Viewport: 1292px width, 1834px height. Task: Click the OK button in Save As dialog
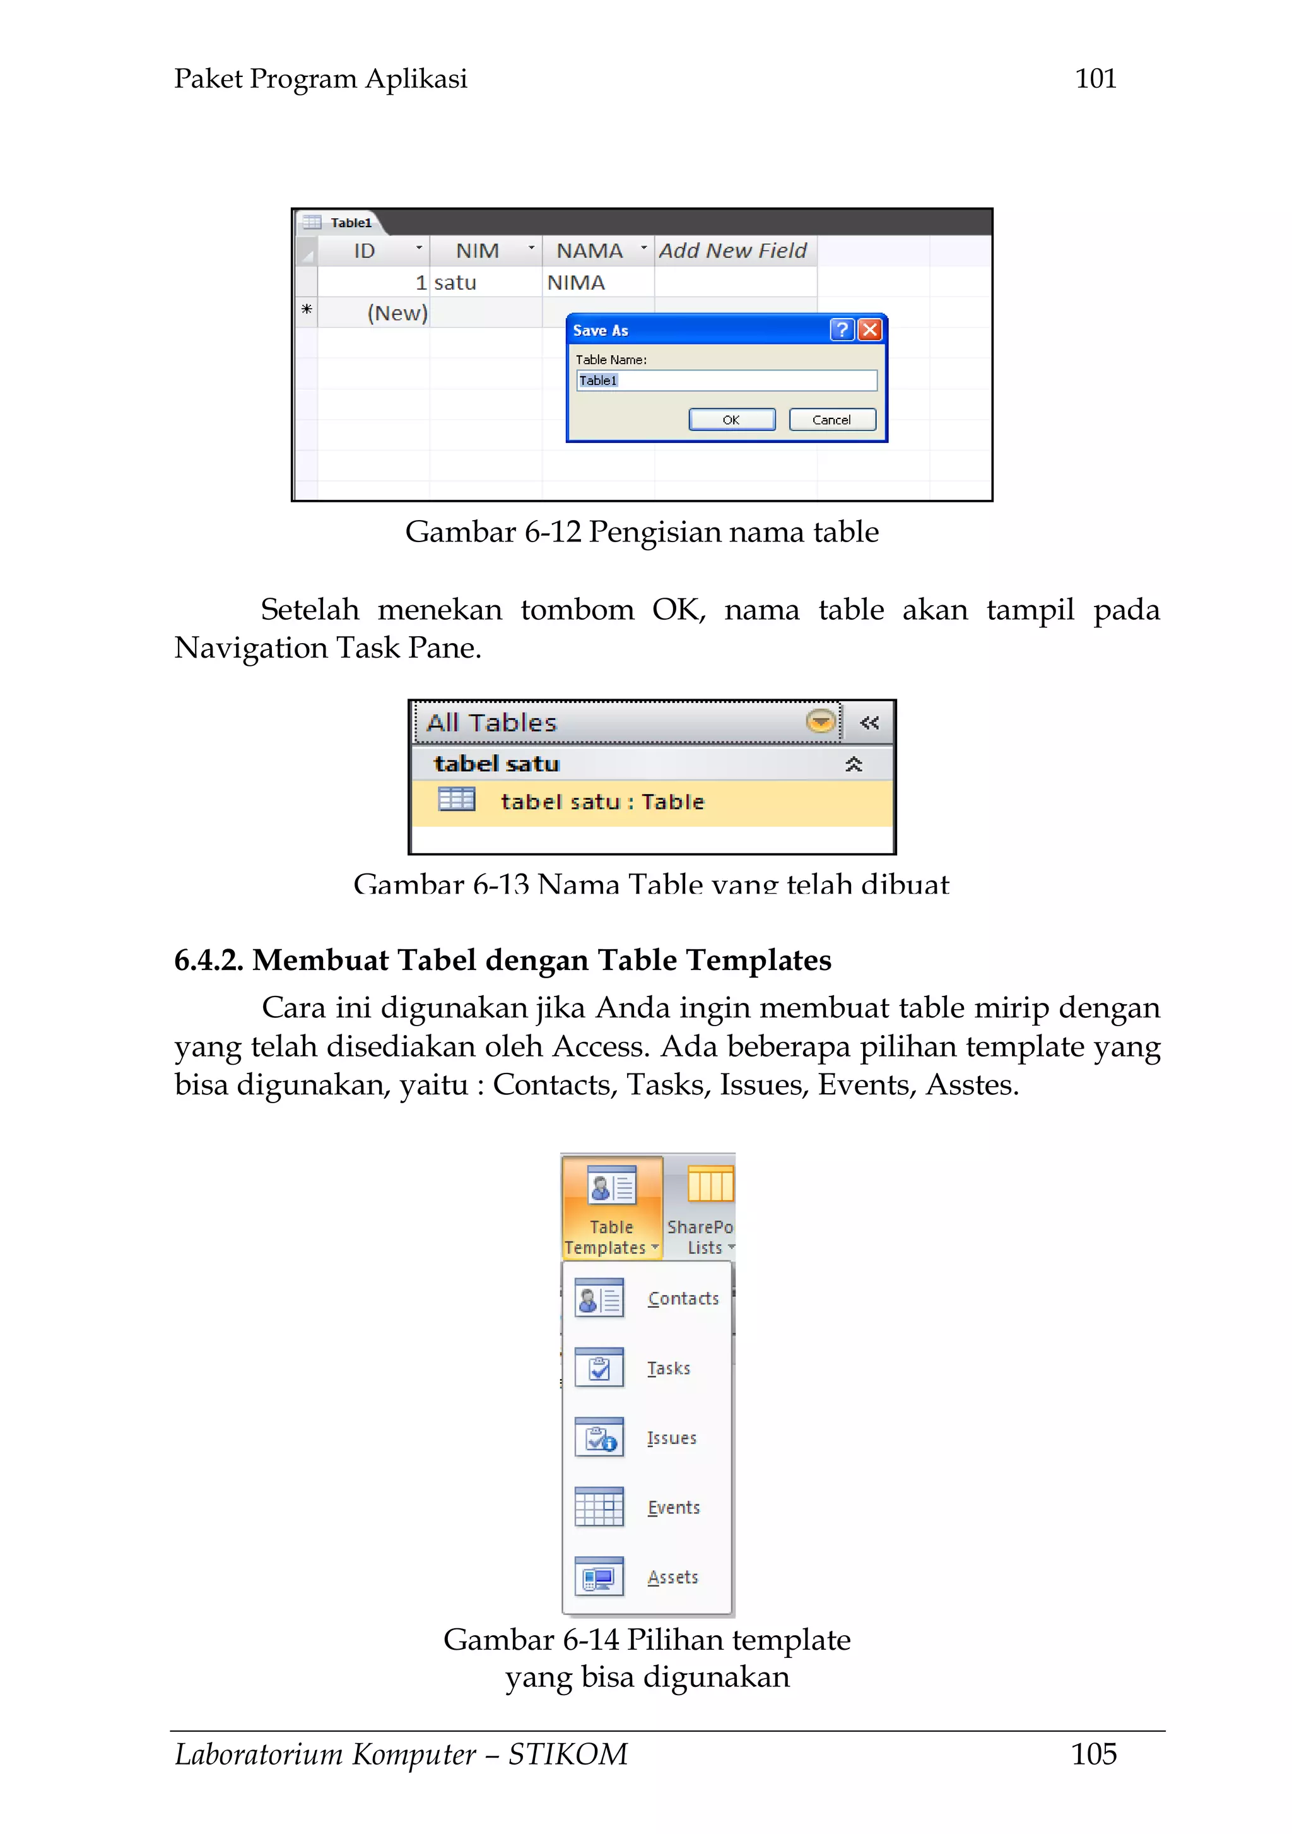point(731,419)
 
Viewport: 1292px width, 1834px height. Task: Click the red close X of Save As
point(869,330)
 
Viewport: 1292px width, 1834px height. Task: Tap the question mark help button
point(842,330)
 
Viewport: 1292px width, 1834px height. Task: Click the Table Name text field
point(726,380)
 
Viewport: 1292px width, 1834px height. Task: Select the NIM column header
point(478,251)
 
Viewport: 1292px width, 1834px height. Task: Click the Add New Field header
point(732,251)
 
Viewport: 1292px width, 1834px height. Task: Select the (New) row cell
point(397,313)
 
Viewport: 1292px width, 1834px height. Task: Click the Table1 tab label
point(351,223)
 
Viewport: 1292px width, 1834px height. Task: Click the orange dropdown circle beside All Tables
point(820,721)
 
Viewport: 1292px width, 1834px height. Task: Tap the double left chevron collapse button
point(869,723)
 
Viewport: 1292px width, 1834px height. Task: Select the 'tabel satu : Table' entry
point(602,802)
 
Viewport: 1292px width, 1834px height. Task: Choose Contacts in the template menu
point(683,1299)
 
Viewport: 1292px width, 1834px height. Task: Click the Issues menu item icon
point(599,1438)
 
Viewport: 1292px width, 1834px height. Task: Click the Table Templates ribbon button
point(612,1208)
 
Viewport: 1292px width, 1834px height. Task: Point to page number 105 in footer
point(1093,1754)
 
